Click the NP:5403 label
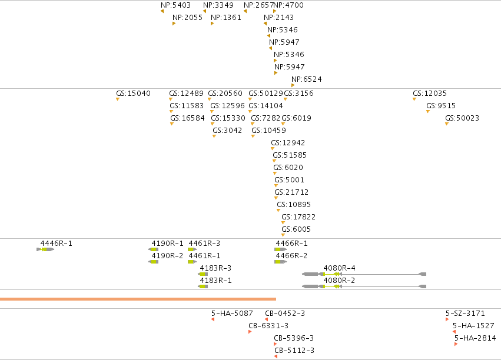coord(176,5)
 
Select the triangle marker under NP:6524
coord(293,85)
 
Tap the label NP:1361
coord(226,18)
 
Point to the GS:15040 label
coord(133,94)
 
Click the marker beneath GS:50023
coord(447,124)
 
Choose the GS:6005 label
coord(296,229)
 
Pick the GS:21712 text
coord(291,192)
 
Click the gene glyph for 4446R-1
coord(45,249)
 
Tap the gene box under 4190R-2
coord(154,262)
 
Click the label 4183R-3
coord(215,268)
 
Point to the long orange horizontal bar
coord(138,299)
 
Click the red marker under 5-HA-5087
coord(213,319)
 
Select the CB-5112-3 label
coord(294,351)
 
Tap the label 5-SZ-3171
coord(465,314)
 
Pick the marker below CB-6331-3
coord(250,332)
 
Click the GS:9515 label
coord(441,106)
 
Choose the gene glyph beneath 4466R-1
coord(281,249)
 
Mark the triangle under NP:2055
coord(174,24)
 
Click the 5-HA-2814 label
coord(476,338)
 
